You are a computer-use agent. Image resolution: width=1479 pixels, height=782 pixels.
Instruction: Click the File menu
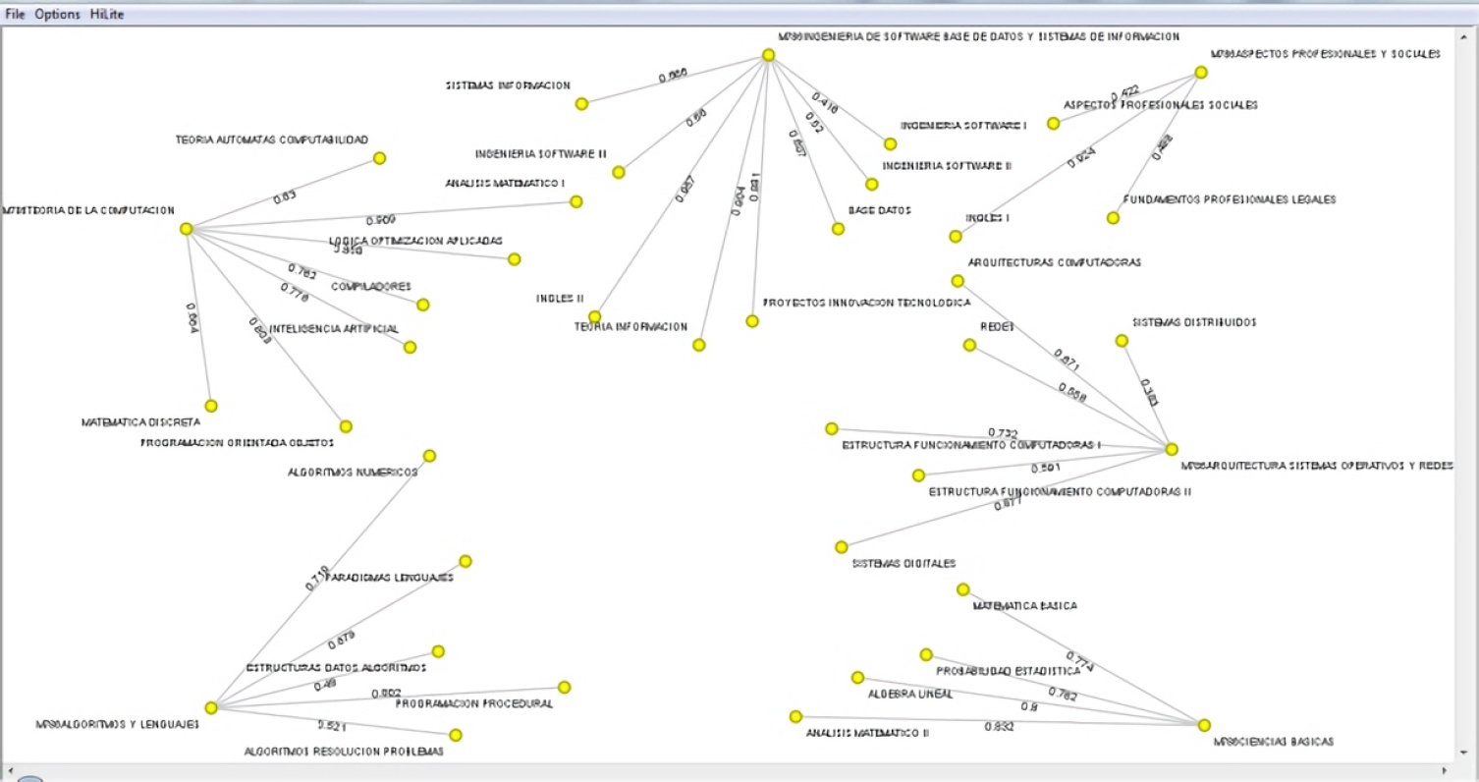point(16,15)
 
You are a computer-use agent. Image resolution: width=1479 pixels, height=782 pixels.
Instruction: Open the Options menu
point(57,15)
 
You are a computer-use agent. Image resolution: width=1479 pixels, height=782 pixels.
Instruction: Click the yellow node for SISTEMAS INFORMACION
point(581,104)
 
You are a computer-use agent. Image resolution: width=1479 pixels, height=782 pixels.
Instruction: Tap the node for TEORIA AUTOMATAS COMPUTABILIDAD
point(379,158)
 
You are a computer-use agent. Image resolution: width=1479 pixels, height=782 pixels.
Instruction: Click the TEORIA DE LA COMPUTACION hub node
point(186,229)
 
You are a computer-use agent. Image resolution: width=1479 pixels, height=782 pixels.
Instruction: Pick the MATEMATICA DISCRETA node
point(210,406)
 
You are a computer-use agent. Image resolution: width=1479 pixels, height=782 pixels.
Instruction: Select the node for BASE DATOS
point(838,229)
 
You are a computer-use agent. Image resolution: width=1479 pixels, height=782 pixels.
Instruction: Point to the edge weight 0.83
point(285,197)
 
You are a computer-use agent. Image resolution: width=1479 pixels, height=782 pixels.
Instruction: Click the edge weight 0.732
point(1003,433)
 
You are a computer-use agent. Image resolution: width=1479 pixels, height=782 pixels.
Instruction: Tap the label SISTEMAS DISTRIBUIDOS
point(1194,322)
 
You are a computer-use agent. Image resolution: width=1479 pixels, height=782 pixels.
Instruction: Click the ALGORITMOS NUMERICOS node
point(429,456)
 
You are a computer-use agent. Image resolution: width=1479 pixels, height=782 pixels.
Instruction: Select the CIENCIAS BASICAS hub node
point(1204,725)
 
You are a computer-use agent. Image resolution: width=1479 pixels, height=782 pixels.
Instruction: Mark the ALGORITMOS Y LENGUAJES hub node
point(210,707)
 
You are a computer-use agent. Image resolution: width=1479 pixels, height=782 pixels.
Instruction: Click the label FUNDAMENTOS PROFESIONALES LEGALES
point(1230,199)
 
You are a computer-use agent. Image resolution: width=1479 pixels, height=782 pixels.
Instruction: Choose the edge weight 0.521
point(331,726)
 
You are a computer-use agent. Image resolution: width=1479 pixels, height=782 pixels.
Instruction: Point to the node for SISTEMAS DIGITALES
point(842,547)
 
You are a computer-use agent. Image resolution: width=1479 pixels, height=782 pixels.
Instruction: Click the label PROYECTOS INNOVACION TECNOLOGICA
point(866,303)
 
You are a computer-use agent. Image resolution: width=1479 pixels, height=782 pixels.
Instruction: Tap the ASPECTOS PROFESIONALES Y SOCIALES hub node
point(1200,73)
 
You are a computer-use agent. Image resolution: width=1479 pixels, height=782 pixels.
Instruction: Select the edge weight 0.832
point(999,727)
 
